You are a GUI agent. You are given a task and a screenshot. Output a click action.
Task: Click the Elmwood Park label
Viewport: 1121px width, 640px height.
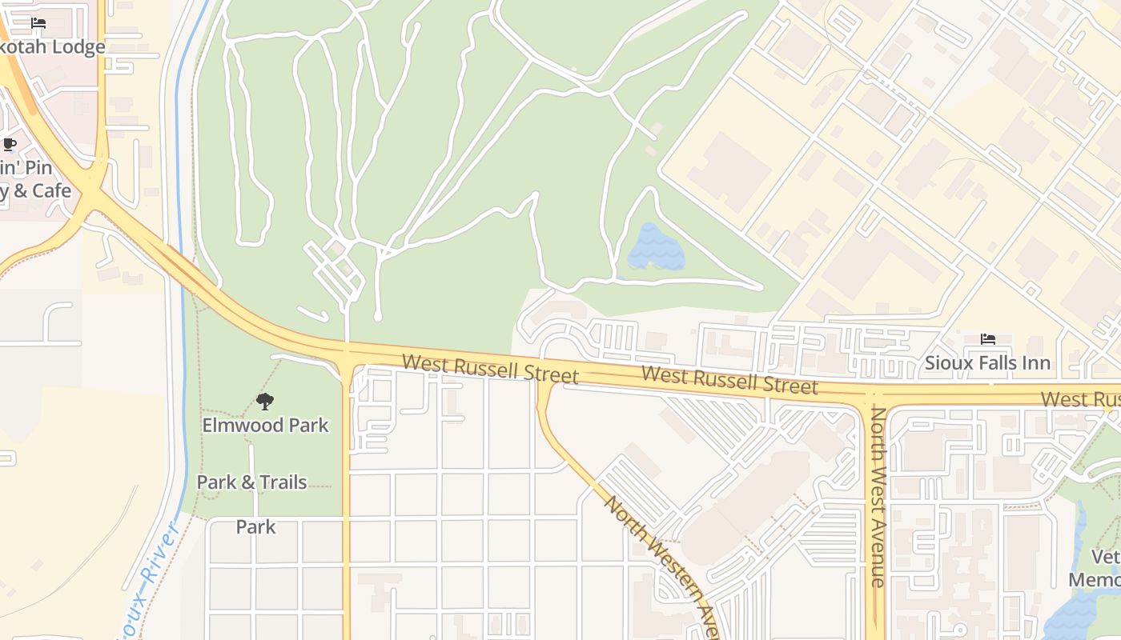pyautogui.click(x=265, y=425)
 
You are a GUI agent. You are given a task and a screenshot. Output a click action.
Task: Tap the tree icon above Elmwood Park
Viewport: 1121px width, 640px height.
pyautogui.click(x=265, y=401)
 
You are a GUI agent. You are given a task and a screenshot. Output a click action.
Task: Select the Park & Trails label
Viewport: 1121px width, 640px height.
pyautogui.click(x=251, y=482)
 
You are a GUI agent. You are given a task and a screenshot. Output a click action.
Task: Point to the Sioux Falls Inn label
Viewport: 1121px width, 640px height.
pyautogui.click(x=987, y=363)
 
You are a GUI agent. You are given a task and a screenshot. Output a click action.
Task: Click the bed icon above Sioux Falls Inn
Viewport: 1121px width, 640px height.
pyautogui.click(x=988, y=339)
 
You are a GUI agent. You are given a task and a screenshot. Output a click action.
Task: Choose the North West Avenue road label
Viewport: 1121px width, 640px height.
pyautogui.click(x=878, y=496)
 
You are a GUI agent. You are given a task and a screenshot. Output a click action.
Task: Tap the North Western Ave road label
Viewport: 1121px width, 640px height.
pyautogui.click(x=661, y=564)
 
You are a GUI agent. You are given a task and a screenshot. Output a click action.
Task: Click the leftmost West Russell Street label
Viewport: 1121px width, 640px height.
pyautogui.click(x=489, y=369)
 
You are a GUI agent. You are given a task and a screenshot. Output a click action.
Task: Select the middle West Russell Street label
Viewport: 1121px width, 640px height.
pyautogui.click(x=729, y=380)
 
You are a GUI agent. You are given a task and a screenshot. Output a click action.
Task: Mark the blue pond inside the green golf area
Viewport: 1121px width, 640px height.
pyautogui.click(x=656, y=247)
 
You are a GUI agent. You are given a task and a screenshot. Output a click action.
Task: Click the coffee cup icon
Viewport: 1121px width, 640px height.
pyautogui.click(x=9, y=145)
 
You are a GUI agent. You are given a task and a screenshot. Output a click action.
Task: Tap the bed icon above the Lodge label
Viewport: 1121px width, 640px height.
pyautogui.click(x=38, y=23)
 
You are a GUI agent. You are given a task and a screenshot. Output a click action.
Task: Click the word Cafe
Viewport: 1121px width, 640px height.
pyautogui.click(x=52, y=191)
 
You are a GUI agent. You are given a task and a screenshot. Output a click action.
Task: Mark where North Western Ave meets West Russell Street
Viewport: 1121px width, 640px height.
pyautogui.click(x=544, y=379)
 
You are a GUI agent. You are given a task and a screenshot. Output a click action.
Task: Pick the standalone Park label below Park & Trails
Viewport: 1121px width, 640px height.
pyautogui.click(x=255, y=526)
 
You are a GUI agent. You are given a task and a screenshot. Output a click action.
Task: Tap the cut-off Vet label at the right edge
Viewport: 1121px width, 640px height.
pyautogui.click(x=1106, y=557)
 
